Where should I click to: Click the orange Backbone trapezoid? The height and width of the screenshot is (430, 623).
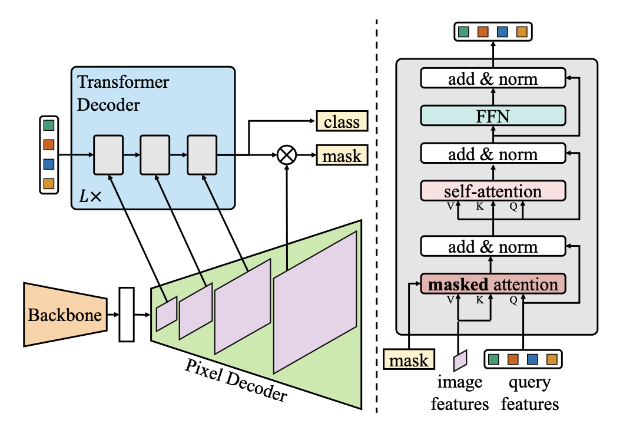64,313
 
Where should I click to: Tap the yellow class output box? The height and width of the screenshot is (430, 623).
342,122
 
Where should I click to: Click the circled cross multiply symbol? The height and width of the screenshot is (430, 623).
287,156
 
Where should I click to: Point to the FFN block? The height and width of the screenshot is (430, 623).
492,115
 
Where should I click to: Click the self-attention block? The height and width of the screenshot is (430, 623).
492,191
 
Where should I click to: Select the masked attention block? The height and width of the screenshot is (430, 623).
492,285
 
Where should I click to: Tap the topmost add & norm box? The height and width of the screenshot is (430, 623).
492,78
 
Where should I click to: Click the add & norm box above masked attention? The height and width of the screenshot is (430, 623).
492,246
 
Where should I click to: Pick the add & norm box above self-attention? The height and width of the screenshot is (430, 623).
492,154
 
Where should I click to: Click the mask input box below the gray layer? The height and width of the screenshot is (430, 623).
408,359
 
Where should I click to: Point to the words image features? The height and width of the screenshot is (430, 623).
460,393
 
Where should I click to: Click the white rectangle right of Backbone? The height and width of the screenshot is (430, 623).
127,315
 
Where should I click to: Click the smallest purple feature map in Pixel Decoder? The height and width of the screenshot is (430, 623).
167,314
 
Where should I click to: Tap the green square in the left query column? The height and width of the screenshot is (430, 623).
48,125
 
